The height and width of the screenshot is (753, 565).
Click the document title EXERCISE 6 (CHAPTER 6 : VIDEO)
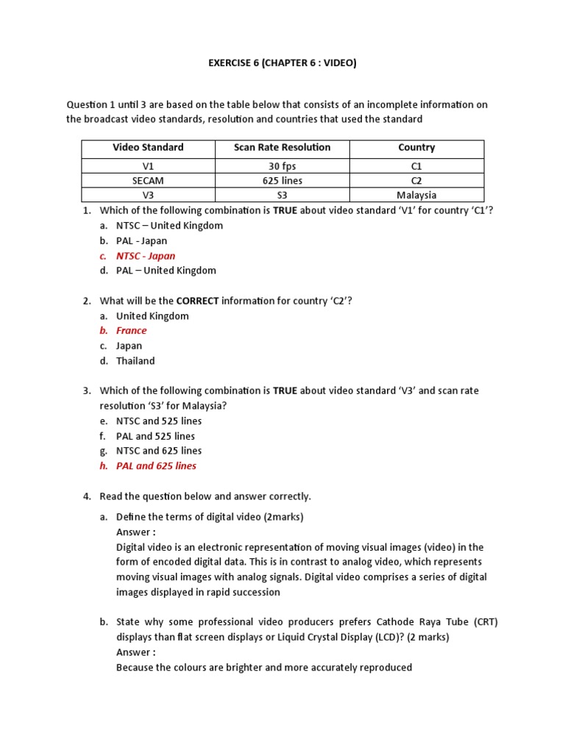click(x=282, y=63)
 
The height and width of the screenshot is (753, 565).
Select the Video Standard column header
click(x=148, y=148)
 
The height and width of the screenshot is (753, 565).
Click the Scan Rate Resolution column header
click(x=282, y=148)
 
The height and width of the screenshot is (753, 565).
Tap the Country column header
click(x=416, y=148)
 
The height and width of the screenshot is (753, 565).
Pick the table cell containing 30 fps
click(x=282, y=166)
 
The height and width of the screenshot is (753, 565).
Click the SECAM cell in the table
click(x=148, y=180)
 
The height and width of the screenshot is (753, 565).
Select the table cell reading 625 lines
click(x=282, y=180)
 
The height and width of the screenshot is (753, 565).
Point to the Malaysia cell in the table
click(x=416, y=195)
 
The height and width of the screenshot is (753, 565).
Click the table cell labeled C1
click(x=416, y=166)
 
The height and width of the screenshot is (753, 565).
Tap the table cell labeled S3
click(x=282, y=195)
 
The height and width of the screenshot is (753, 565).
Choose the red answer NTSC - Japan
click(x=146, y=256)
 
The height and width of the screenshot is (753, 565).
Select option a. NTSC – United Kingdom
click(x=169, y=226)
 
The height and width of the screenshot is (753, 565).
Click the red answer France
click(x=131, y=331)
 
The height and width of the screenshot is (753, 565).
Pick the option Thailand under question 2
click(x=135, y=361)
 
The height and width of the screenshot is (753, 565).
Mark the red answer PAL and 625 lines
click(x=156, y=466)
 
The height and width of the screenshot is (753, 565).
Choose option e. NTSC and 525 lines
click(x=159, y=421)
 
